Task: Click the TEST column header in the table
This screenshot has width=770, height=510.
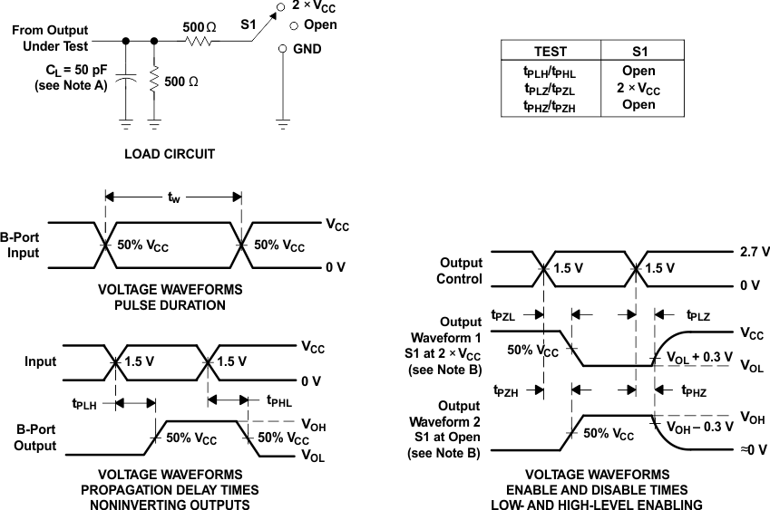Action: (550, 52)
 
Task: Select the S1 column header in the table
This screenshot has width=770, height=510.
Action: (638, 52)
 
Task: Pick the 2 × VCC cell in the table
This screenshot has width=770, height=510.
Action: (638, 88)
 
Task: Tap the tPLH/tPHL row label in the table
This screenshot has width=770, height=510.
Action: (550, 71)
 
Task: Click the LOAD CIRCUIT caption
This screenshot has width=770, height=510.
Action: (170, 154)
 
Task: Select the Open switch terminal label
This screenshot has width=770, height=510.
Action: (320, 24)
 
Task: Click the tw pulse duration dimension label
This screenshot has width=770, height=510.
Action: (173, 197)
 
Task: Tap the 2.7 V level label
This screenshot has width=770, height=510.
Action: (755, 252)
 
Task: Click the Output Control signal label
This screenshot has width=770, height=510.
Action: (461, 271)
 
